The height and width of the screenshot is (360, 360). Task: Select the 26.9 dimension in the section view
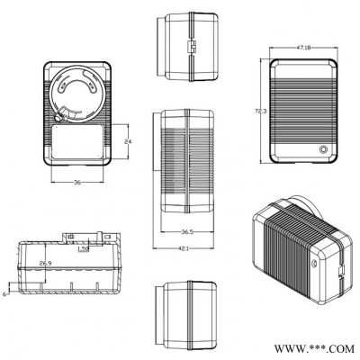(45, 264)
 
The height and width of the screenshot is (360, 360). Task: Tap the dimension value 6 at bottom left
(5, 293)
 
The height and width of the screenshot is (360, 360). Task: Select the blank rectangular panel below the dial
(76, 143)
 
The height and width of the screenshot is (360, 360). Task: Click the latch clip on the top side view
(190, 45)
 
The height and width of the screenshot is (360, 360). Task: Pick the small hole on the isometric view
(313, 263)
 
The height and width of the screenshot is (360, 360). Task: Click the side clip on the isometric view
(339, 268)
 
